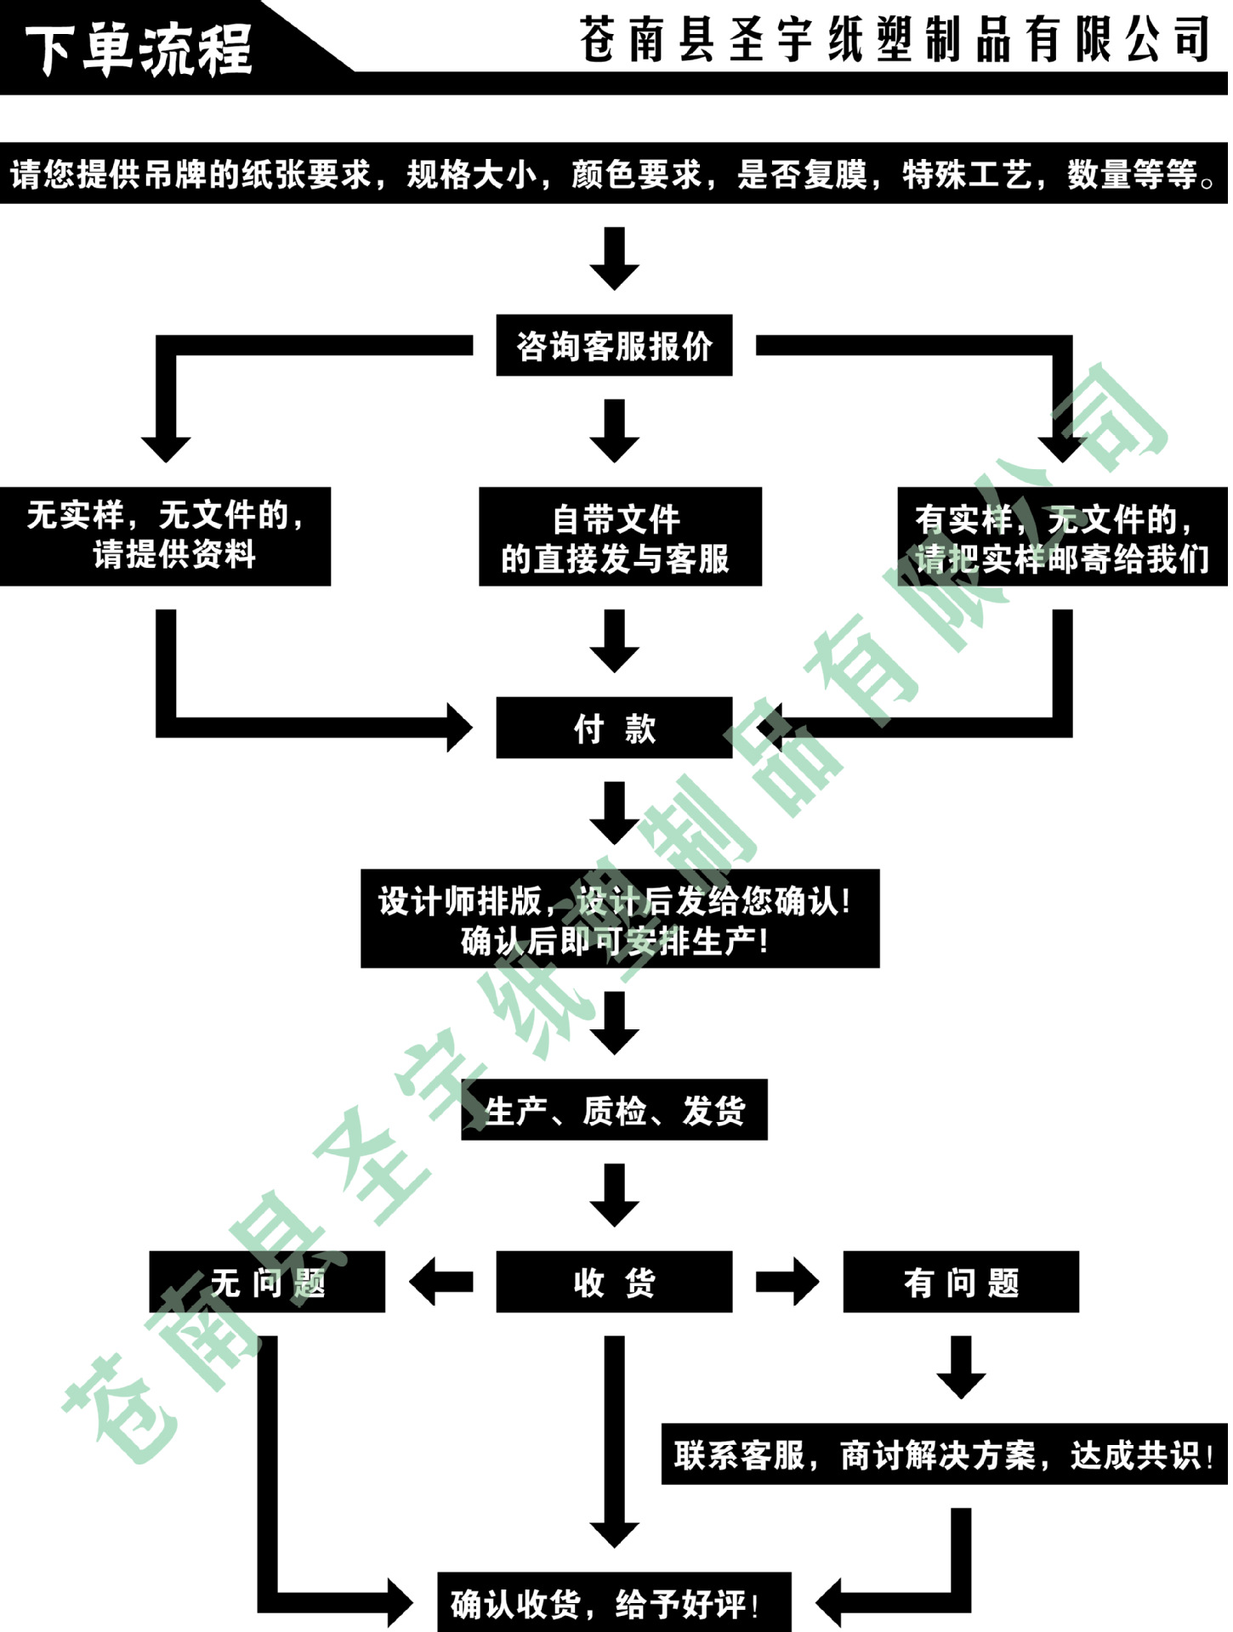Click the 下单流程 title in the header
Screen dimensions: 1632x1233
coord(139,48)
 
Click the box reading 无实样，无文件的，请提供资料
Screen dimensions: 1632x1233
coord(165,536)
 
